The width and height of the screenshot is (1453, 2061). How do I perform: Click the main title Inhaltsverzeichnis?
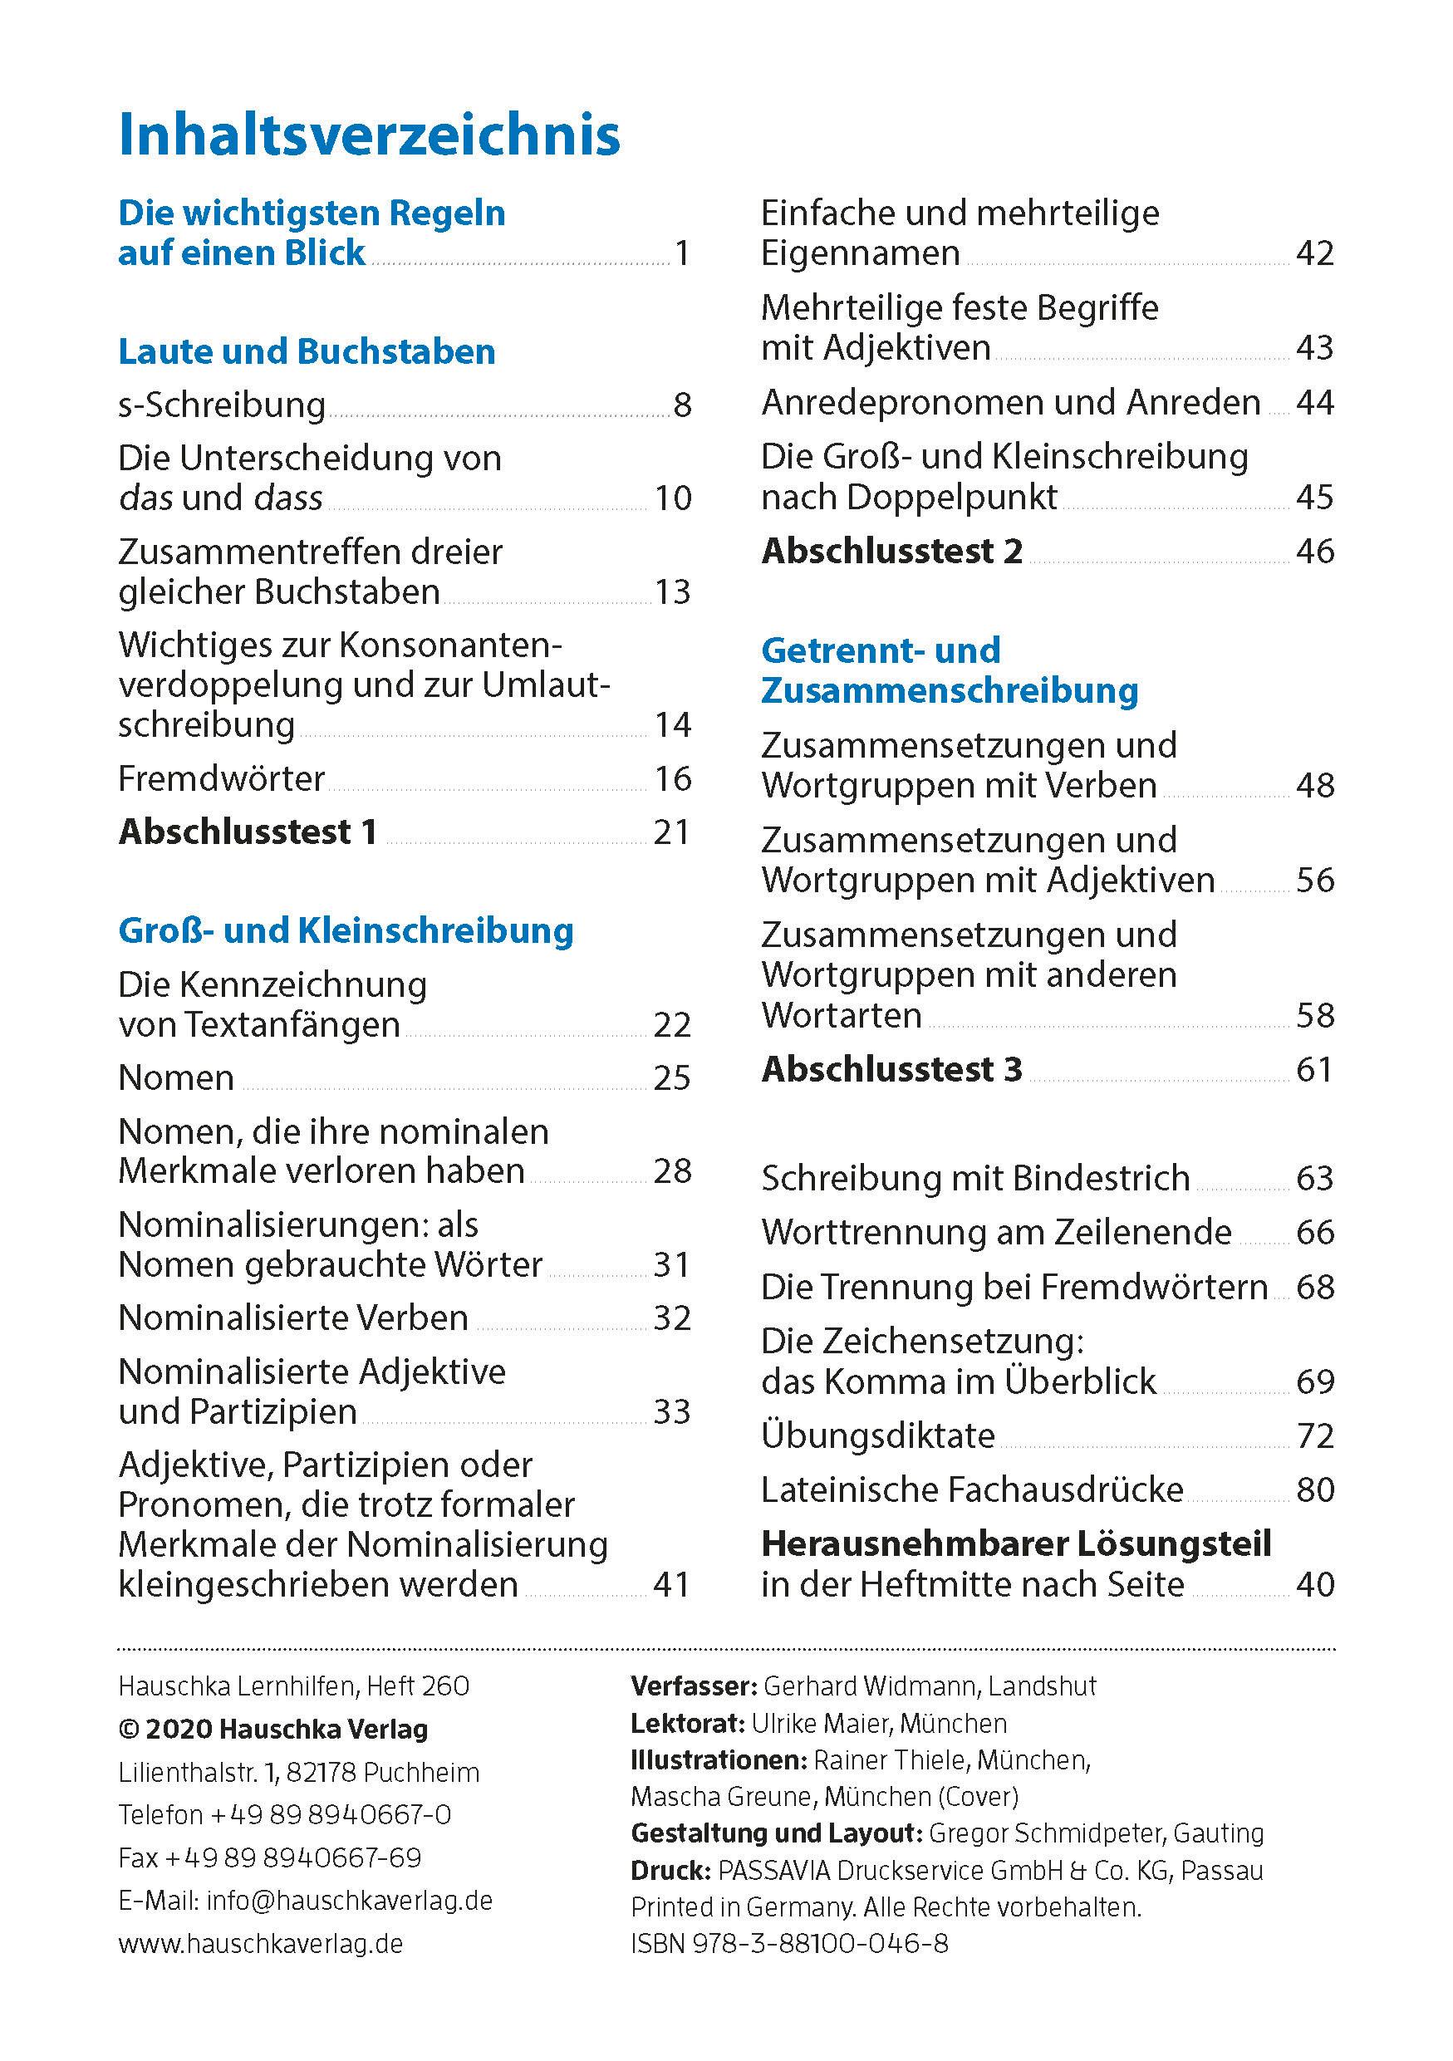(x=369, y=135)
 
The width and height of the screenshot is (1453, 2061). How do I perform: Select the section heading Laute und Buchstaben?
(x=306, y=351)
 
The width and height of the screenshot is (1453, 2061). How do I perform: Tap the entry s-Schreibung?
(x=222, y=405)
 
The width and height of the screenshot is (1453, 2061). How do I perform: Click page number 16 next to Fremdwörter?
(x=672, y=778)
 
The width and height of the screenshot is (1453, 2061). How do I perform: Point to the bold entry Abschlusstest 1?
(x=247, y=832)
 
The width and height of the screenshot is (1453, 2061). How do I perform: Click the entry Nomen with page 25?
(x=176, y=1077)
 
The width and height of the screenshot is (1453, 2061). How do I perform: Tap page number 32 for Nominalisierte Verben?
(x=672, y=1318)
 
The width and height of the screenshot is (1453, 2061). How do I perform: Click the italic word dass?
(x=288, y=498)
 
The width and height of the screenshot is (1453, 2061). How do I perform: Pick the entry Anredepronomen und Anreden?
(x=1010, y=402)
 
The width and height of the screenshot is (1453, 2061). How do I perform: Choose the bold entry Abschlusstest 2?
(x=891, y=551)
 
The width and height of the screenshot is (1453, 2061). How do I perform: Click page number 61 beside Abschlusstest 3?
(x=1315, y=1069)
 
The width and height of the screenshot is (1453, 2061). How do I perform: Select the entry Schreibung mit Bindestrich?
(x=975, y=1178)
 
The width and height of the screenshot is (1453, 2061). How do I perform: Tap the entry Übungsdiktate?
(x=878, y=1435)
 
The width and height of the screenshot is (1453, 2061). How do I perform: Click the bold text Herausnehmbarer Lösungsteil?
(x=1016, y=1544)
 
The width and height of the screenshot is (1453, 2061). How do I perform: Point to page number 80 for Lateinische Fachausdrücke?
(x=1315, y=1490)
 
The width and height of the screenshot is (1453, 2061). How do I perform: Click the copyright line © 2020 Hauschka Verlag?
(x=272, y=1729)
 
